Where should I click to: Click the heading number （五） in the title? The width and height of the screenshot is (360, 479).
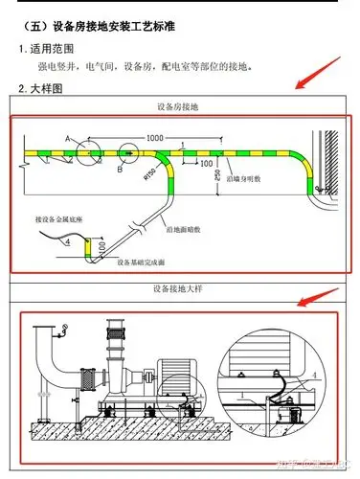tap(35, 21)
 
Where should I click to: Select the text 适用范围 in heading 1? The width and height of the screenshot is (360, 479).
tap(51, 48)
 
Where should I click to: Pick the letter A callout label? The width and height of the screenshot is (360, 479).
tap(67, 140)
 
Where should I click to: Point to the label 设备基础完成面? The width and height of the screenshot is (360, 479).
tap(143, 261)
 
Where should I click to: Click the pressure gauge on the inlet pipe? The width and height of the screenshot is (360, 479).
tap(62, 332)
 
